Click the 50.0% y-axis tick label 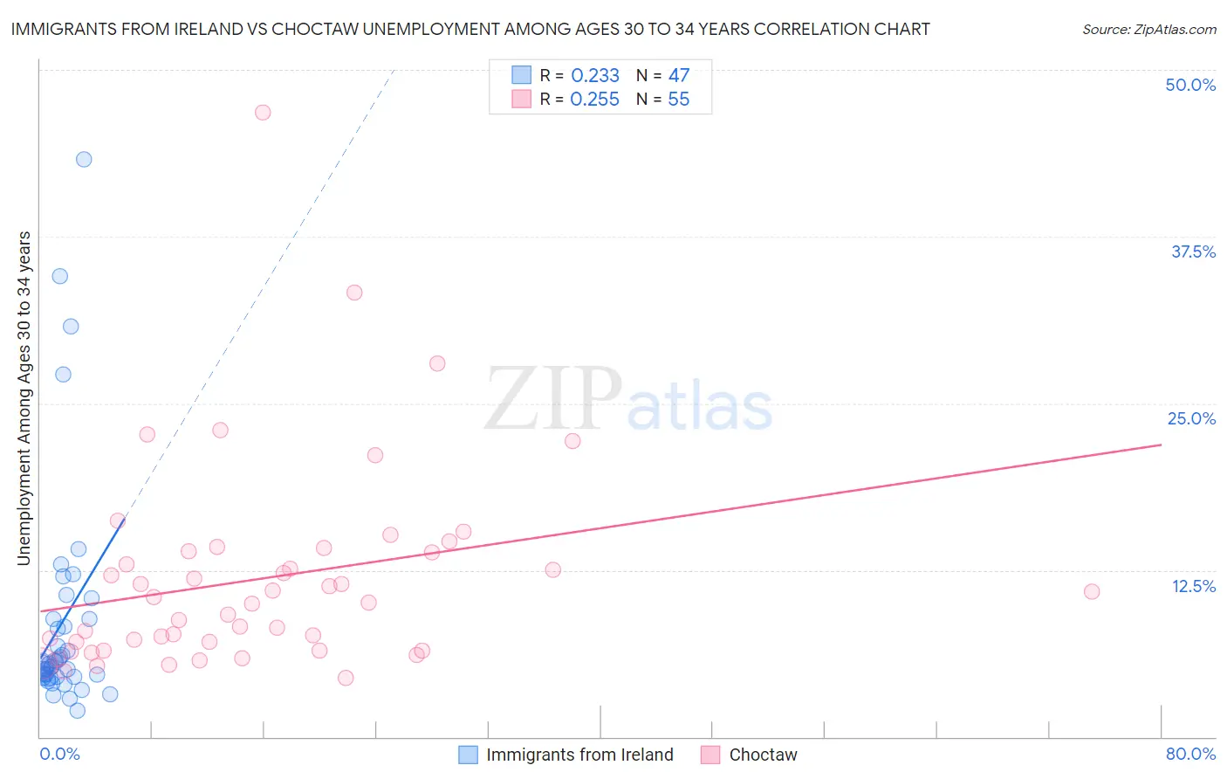click(1190, 85)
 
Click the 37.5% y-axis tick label click(1193, 252)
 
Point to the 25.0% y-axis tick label click(1191, 418)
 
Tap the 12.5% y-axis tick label click(1193, 586)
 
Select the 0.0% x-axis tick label click(59, 754)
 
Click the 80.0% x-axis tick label click(1190, 754)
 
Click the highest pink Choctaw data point click(263, 112)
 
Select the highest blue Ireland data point click(84, 159)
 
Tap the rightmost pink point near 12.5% click(1092, 591)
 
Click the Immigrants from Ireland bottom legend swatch click(469, 755)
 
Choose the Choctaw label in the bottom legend click(763, 755)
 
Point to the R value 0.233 click(594, 76)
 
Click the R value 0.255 click(594, 100)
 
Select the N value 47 click(678, 76)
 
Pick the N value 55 click(678, 100)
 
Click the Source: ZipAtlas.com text click(1148, 30)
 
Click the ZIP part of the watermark click(552, 399)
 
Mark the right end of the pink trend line click(1161, 445)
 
